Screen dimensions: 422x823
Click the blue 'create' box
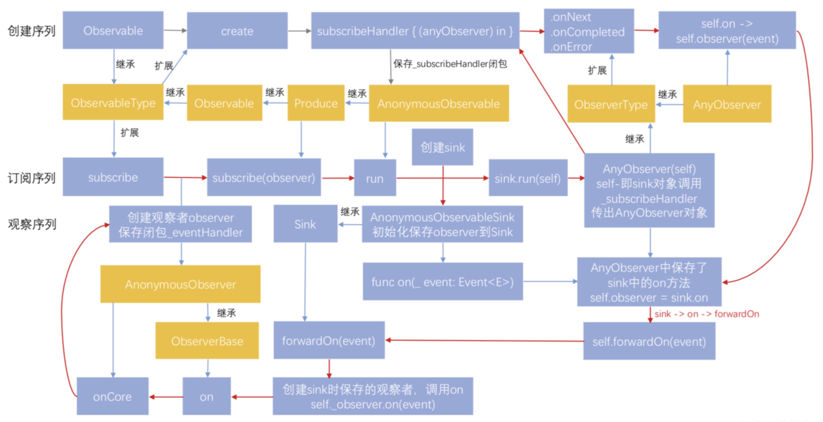[237, 31]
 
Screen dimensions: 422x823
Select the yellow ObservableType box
[113, 102]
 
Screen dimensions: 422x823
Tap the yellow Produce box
[316, 103]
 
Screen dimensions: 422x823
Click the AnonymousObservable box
[439, 103]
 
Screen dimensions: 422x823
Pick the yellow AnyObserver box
[727, 104]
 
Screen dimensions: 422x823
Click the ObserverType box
[611, 104]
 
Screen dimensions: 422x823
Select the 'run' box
[375, 178]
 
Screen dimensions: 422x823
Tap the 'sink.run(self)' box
[528, 178]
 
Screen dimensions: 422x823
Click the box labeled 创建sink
[442, 147]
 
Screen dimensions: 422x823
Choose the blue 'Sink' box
[305, 224]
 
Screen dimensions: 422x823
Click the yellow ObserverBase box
[207, 341]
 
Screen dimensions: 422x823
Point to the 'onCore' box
[112, 396]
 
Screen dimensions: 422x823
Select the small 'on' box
[206, 396]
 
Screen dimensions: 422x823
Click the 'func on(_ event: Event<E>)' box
[442, 281]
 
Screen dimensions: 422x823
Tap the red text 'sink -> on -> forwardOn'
[706, 314]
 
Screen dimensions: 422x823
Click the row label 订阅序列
[31, 178]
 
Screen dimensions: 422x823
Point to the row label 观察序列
[32, 224]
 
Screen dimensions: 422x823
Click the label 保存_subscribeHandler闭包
[450, 64]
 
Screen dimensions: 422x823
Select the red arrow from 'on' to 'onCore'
[166, 397]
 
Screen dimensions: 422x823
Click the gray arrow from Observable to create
[175, 30]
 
